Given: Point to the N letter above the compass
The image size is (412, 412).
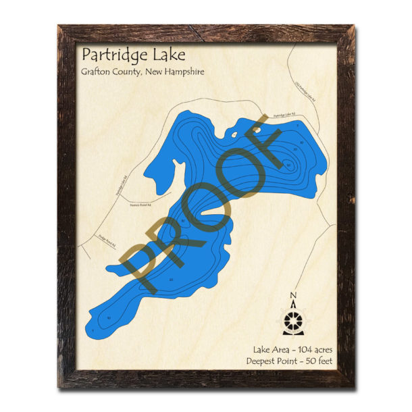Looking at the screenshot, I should click(292, 295).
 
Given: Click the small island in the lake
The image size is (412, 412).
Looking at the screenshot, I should click(256, 125).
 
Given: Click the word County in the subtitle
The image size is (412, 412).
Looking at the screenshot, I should click(128, 72).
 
